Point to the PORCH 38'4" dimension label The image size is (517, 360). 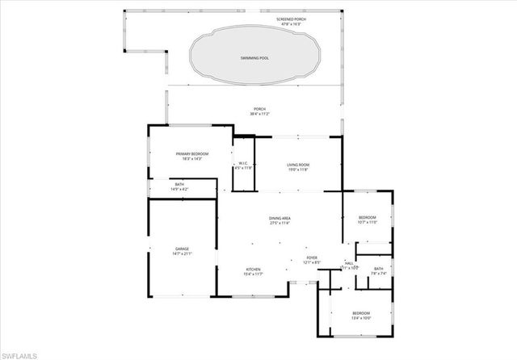259,114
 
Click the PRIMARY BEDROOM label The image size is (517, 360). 192,153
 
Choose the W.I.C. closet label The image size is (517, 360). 242,164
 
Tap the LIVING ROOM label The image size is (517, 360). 298,165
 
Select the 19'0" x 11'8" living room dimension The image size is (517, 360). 298,170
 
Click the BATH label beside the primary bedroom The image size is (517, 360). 179,184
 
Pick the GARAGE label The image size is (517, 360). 183,249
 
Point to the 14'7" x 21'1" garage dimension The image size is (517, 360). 183,254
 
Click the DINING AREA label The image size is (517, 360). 280,218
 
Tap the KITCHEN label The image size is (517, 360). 254,270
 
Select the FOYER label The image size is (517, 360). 311,257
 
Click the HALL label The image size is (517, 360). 349,262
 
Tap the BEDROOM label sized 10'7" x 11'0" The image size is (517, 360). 368,217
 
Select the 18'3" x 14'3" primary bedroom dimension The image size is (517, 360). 192,159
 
